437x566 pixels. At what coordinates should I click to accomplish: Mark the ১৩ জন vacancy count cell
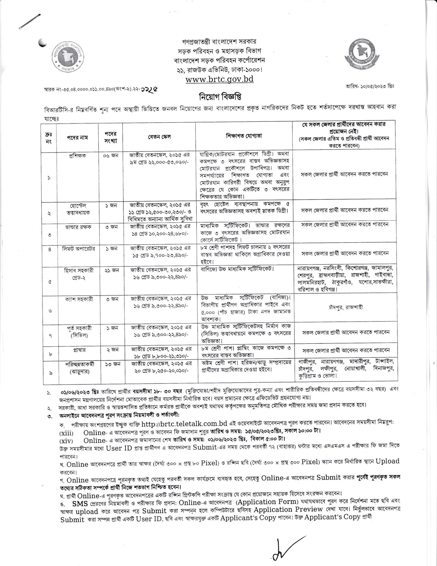pos(112,364)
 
